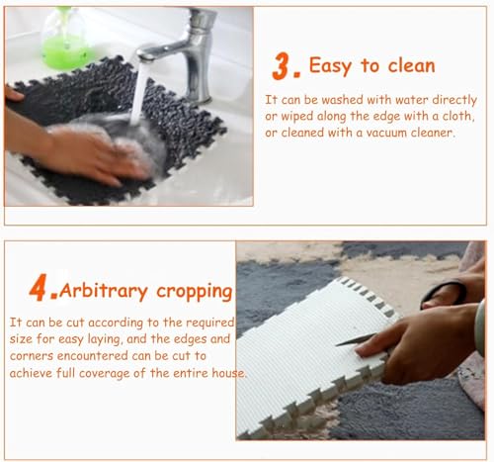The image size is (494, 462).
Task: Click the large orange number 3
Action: [283, 65]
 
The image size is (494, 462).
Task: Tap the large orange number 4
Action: [39, 287]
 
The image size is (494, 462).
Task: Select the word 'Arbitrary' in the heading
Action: [104, 291]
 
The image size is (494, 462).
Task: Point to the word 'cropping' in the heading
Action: [195, 292]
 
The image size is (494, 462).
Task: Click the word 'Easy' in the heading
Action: [330, 66]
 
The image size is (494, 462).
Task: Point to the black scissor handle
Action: [444, 293]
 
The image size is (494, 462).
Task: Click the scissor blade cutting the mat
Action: [355, 339]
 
